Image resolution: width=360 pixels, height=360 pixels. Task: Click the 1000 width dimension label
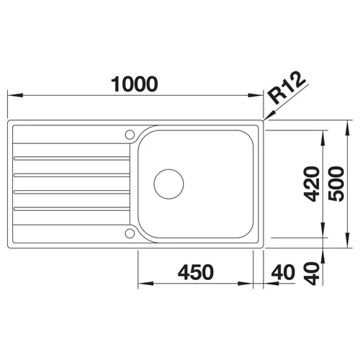(x=135, y=84)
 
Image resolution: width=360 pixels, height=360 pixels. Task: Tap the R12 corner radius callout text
(x=287, y=88)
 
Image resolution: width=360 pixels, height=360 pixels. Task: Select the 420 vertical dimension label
(x=312, y=184)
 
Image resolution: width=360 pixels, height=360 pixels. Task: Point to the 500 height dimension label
(x=336, y=184)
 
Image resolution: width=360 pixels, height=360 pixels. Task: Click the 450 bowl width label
(x=196, y=272)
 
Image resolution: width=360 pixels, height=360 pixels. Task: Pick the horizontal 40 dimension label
(x=283, y=272)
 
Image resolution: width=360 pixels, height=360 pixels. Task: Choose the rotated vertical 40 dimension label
(x=312, y=273)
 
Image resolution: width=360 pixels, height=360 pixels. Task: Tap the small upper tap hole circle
(x=130, y=135)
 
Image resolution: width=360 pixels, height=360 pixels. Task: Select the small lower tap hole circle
(x=130, y=233)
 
